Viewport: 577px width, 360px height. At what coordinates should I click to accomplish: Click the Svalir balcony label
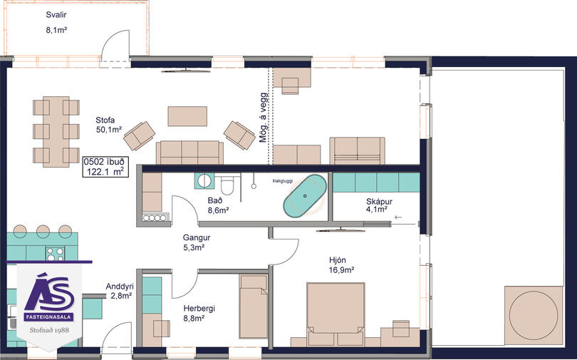click(x=56, y=15)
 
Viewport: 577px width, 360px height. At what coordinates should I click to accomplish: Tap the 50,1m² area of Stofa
click(x=109, y=130)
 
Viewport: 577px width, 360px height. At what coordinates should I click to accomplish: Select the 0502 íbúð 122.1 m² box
click(x=105, y=167)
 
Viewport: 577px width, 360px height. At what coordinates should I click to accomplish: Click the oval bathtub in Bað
click(x=305, y=196)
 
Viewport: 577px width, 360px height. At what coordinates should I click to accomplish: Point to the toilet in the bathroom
click(x=227, y=185)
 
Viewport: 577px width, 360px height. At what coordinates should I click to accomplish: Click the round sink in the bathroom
click(x=204, y=181)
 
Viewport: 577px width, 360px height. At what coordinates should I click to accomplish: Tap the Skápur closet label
click(x=379, y=202)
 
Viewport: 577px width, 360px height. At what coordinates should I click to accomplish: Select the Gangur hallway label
click(x=197, y=238)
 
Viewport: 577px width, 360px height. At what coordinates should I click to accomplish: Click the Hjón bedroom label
click(x=338, y=260)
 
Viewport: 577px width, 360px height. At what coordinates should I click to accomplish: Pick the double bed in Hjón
click(x=336, y=314)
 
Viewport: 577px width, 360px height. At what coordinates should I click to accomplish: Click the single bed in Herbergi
click(x=254, y=307)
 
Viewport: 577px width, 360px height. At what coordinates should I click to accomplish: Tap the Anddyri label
click(x=120, y=287)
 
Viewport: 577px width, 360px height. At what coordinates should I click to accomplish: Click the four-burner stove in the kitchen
click(x=55, y=254)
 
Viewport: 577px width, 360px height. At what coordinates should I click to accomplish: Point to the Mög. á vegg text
click(x=264, y=118)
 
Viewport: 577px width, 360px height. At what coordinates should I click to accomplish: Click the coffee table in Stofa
click(x=187, y=116)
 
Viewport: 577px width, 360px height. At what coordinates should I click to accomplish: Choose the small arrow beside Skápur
click(x=398, y=217)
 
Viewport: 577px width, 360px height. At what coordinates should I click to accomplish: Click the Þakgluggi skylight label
click(x=283, y=181)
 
